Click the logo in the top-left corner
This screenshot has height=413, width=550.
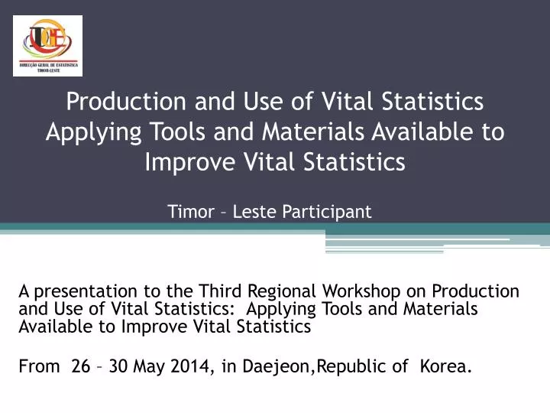point(47,45)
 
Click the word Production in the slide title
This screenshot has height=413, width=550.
point(123,101)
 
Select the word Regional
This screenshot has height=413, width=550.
point(283,291)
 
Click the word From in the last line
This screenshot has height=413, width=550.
point(39,366)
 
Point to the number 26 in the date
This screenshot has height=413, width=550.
point(80,366)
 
